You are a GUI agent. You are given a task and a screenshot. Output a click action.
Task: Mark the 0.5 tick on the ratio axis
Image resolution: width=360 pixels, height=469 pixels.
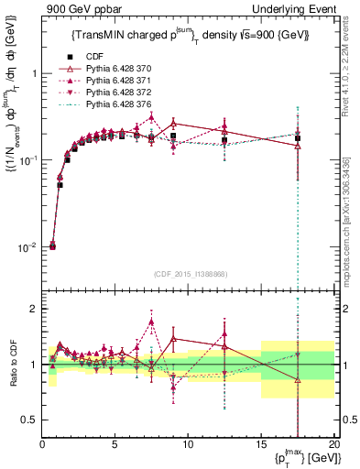31,420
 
